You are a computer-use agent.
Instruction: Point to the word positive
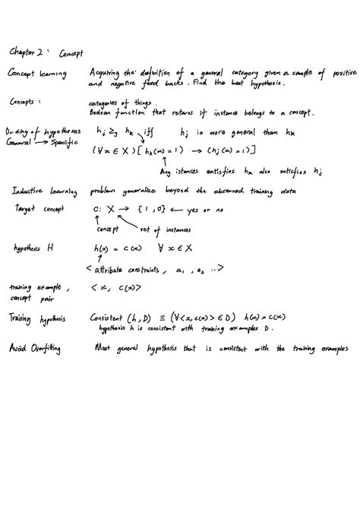pos(333,73)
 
